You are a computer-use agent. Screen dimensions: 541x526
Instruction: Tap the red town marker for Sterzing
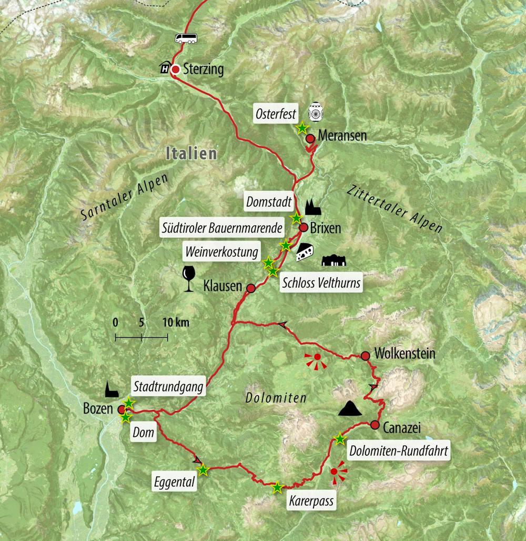click(x=176, y=69)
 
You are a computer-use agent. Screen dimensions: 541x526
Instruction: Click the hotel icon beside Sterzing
click(x=165, y=68)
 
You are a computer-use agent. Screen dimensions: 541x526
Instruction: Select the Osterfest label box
click(x=276, y=114)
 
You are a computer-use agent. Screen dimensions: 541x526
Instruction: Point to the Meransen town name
click(x=342, y=136)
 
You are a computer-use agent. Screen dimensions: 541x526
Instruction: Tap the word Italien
click(x=190, y=154)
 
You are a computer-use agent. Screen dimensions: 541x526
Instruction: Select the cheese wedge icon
click(x=305, y=253)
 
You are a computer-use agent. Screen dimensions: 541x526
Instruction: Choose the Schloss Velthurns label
click(x=321, y=283)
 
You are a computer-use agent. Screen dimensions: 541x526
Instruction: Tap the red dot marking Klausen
click(x=251, y=288)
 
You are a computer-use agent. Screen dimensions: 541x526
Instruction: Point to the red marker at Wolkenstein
click(x=366, y=356)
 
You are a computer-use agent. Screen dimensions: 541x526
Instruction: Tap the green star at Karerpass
click(x=277, y=488)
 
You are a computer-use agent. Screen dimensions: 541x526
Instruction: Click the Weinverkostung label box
click(x=221, y=252)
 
